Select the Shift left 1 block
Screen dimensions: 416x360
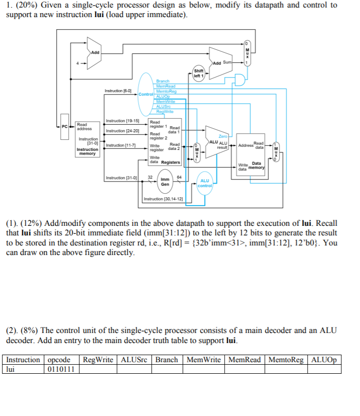click(199, 73)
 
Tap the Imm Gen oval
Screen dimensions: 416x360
click(165, 182)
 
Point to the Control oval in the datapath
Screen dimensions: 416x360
click(145, 94)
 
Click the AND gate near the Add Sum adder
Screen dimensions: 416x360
click(241, 80)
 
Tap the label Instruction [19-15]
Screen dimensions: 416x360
click(122, 121)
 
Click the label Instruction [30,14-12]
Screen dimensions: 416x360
click(163, 199)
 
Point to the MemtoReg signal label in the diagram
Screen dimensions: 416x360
click(166, 91)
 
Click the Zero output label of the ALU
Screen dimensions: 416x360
click(223, 136)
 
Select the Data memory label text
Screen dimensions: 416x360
click(256, 165)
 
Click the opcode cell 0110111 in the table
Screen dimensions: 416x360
click(61, 369)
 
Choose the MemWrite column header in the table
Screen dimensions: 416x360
click(204, 360)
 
